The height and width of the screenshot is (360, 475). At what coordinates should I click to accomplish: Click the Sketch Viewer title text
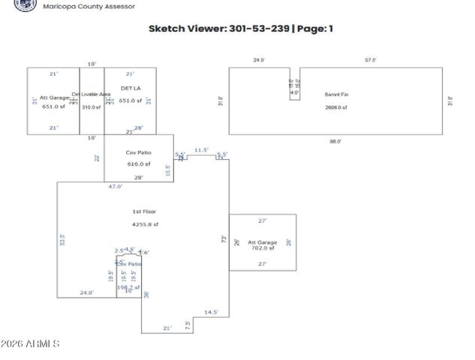[x=241, y=28]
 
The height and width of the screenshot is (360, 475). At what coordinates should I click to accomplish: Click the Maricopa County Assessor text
[x=89, y=6]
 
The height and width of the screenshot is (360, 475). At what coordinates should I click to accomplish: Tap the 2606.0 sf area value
[x=335, y=107]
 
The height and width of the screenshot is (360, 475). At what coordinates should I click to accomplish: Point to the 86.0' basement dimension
[x=335, y=141]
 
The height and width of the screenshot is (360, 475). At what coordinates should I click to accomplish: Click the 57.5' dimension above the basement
[x=371, y=59]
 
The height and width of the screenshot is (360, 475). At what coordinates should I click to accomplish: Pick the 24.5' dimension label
[x=260, y=59]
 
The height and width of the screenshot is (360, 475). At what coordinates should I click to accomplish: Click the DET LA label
[x=131, y=88]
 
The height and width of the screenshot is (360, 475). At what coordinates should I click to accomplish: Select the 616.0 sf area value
[x=138, y=163]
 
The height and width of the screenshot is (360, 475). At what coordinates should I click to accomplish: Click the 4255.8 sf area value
[x=144, y=223]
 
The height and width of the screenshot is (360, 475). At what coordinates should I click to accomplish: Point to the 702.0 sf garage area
[x=262, y=247]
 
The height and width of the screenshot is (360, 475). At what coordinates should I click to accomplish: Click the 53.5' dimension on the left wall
[x=62, y=240]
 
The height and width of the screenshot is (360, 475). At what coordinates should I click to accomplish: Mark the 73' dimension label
[x=224, y=238]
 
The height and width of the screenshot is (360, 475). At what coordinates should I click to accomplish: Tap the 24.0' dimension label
[x=87, y=292]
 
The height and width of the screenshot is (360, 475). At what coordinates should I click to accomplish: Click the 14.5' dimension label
[x=211, y=312]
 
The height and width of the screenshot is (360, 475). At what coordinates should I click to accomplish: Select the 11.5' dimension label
[x=201, y=150]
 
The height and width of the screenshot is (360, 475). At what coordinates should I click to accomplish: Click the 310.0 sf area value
[x=91, y=107]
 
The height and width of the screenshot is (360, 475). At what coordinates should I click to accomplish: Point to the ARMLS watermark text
[x=32, y=344]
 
